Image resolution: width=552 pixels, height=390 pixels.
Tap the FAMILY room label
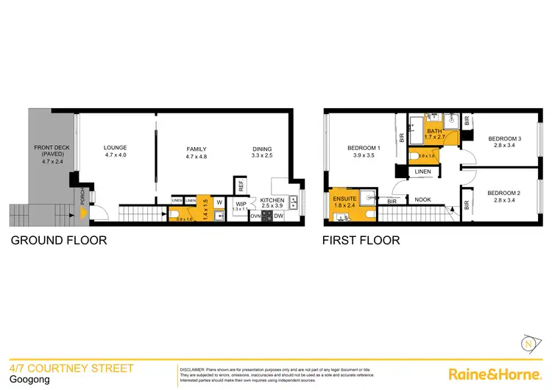[x=196, y=149]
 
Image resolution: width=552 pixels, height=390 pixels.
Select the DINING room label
[x=262, y=149]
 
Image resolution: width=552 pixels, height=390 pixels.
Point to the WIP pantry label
[x=241, y=203]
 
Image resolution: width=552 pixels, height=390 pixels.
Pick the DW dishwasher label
[x=279, y=216]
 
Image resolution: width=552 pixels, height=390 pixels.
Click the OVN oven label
[x=255, y=216]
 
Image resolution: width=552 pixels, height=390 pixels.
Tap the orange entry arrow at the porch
[x=84, y=214]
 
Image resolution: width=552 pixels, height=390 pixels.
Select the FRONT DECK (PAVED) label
[x=52, y=149]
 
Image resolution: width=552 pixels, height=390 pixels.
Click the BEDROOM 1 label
[x=363, y=149]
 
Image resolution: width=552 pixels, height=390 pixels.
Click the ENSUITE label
[x=344, y=198]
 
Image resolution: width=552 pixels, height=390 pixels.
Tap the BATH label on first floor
[x=434, y=131]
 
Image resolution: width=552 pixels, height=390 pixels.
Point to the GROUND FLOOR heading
[x=58, y=240]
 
